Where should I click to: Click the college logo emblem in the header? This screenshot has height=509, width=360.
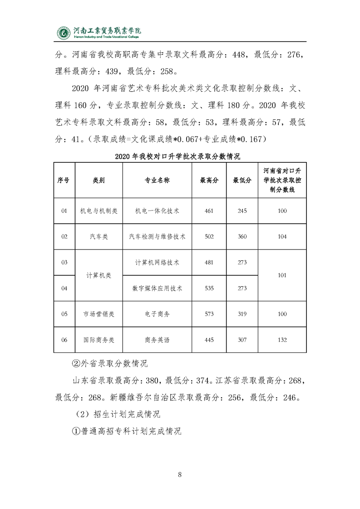[x=64, y=33]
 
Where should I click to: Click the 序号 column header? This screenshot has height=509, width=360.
[x=64, y=180]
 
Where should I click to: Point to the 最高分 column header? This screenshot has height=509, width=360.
[x=209, y=180]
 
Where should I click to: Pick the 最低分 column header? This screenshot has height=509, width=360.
[x=242, y=180]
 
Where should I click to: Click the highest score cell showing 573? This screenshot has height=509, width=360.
[x=209, y=314]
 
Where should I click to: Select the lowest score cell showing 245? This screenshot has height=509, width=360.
[x=242, y=210]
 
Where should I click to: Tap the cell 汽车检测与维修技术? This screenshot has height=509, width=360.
[x=158, y=236]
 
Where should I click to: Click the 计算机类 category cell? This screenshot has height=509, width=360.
[x=99, y=275]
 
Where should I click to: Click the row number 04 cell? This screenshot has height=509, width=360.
[x=64, y=288]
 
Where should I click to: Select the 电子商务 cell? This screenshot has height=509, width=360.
[x=158, y=314]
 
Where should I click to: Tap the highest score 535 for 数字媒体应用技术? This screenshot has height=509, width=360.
[x=209, y=288]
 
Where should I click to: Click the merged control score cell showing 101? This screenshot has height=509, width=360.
[x=282, y=275]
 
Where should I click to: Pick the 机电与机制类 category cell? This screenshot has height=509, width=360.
[x=99, y=210]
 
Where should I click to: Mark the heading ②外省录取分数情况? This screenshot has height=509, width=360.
[x=107, y=364]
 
